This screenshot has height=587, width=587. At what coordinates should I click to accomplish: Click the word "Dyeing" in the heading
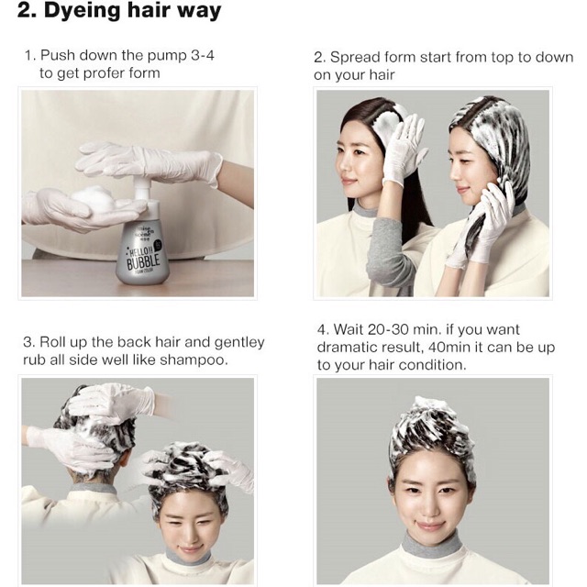[75, 13]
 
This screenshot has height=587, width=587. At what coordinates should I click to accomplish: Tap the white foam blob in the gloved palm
[92, 198]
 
